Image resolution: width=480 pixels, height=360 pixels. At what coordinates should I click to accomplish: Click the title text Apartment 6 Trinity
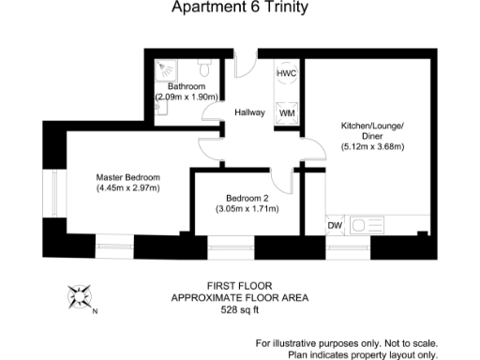(239, 9)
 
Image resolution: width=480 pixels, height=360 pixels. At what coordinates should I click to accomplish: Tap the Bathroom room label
(187, 86)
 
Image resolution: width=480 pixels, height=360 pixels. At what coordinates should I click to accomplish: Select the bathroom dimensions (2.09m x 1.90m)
(187, 97)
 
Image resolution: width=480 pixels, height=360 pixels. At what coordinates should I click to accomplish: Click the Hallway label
(250, 112)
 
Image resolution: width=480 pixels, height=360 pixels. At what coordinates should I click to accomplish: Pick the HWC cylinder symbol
(286, 73)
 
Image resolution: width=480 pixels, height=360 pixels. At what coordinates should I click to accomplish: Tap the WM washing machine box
(287, 112)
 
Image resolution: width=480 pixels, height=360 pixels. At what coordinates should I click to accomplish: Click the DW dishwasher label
(334, 225)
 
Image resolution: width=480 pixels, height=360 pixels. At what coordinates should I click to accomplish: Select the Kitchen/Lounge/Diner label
(371, 130)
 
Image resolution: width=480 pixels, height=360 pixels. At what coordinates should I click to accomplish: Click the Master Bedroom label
(128, 176)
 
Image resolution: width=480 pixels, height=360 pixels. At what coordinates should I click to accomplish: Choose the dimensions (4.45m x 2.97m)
(128, 187)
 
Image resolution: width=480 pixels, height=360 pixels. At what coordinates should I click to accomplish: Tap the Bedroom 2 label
(248, 198)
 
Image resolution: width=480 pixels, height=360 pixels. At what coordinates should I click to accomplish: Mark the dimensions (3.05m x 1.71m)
(248, 209)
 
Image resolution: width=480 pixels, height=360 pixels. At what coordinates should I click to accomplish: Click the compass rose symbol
(79, 296)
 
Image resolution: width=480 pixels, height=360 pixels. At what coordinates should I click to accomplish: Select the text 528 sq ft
(239, 309)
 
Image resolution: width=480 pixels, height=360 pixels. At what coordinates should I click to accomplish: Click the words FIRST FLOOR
(239, 285)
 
